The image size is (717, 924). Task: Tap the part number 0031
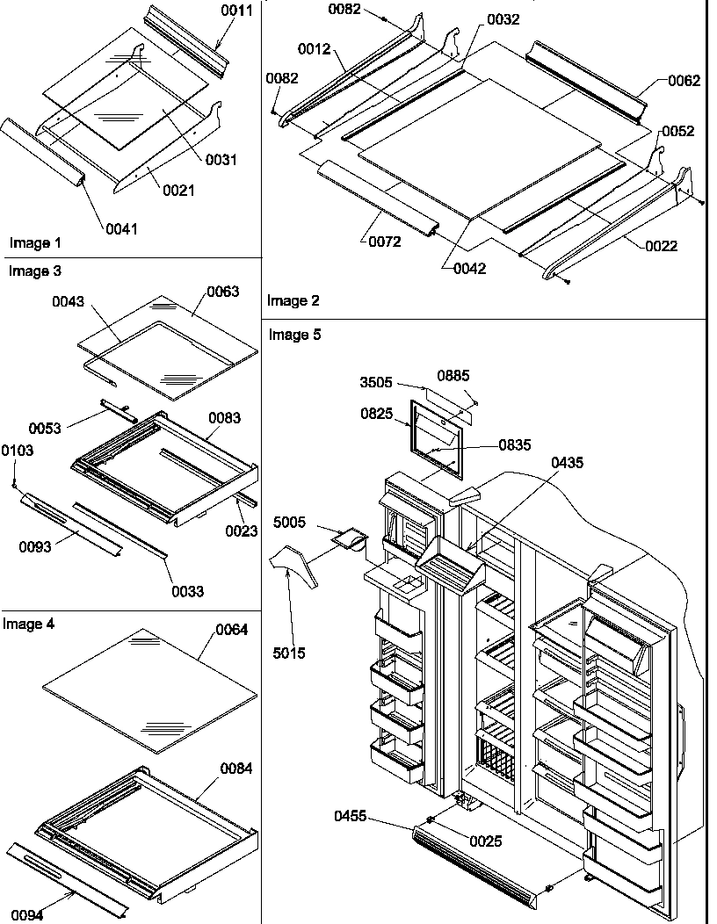(221, 160)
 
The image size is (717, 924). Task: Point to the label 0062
(684, 81)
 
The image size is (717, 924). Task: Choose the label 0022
(661, 246)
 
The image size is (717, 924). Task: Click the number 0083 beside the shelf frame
(224, 418)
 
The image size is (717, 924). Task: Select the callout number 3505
(377, 383)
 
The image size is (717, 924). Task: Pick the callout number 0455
(351, 816)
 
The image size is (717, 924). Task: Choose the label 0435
(567, 463)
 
